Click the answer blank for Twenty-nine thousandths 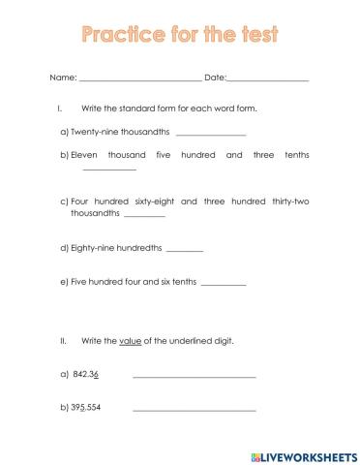(211, 134)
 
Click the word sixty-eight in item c (153, 201)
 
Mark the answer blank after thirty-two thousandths (145, 215)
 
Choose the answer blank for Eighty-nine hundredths (185, 250)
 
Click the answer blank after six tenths (224, 284)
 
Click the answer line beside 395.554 (194, 410)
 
